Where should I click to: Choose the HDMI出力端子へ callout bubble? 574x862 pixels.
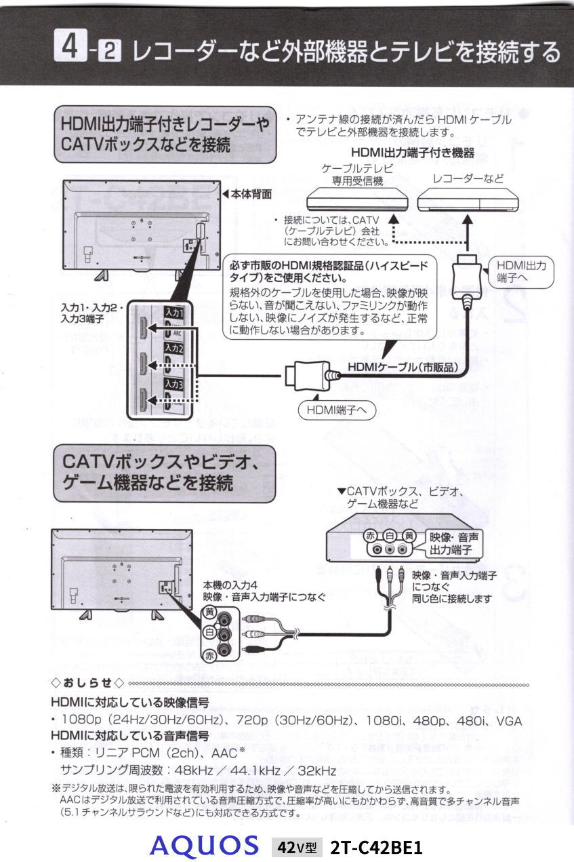[x=520, y=271]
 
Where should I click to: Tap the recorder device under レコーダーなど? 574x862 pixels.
[x=468, y=199]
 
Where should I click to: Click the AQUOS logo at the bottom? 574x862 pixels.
[x=205, y=846]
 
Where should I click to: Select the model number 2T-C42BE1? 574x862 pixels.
[x=376, y=847]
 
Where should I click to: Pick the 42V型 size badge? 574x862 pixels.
[x=296, y=847]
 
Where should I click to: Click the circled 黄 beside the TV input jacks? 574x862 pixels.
[x=211, y=612]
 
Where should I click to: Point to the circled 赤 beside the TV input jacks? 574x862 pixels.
[x=211, y=655]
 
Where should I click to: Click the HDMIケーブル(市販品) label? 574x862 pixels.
[x=403, y=367]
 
